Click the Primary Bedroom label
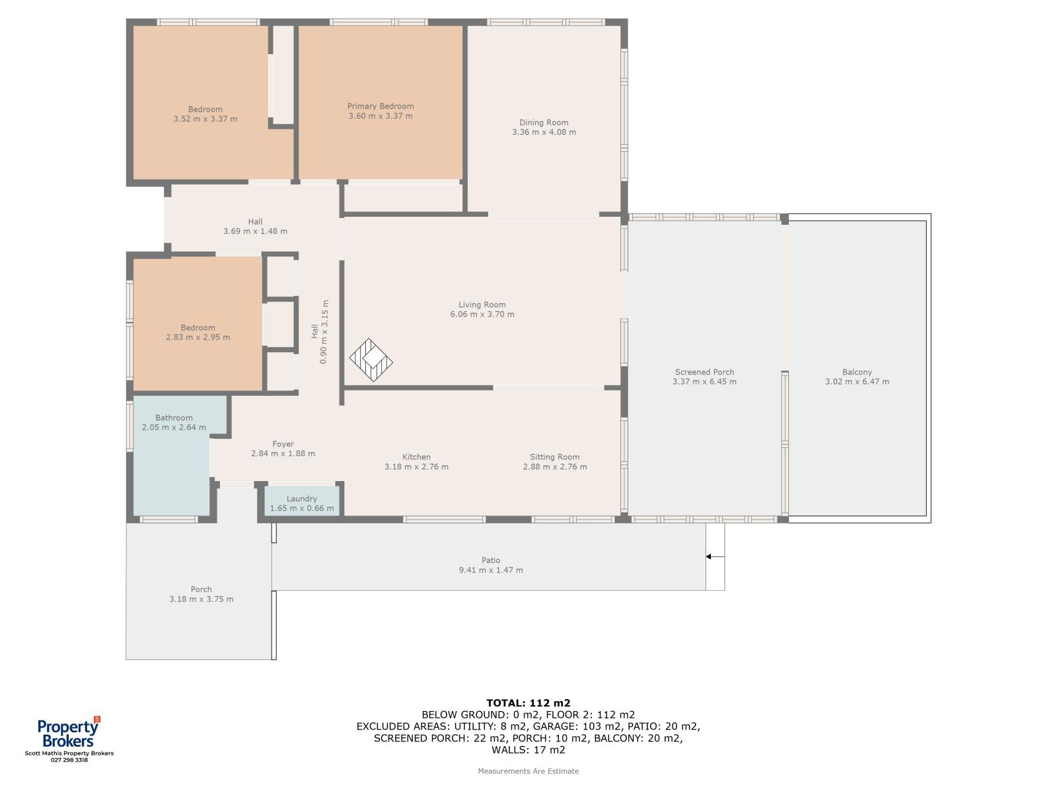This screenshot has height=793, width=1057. tap(381, 106)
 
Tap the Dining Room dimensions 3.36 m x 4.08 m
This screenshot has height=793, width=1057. tap(544, 132)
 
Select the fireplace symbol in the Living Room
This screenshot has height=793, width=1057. tap(371, 360)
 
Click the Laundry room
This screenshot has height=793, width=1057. tap(301, 501)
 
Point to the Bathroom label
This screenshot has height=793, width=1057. tap(174, 418)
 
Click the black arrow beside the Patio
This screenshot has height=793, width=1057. tap(715, 556)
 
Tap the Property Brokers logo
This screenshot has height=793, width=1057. tap(69, 732)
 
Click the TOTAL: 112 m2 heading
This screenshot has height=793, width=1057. tap(528, 703)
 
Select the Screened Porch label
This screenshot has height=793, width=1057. tap(704, 371)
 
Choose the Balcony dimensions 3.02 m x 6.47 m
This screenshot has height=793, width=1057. tap(857, 381)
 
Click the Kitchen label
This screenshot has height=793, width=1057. tap(417, 457)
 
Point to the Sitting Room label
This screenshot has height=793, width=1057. tap(555, 457)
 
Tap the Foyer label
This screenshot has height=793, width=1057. tap(283, 444)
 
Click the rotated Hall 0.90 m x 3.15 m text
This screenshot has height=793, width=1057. tap(319, 332)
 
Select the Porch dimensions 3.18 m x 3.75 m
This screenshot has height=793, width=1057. tap(201, 599)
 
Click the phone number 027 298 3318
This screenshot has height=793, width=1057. tap(69, 760)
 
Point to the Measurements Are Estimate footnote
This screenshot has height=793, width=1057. tap(528, 771)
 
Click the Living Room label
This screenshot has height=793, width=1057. tap(482, 304)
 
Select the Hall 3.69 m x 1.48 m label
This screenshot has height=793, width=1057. tap(255, 226)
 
